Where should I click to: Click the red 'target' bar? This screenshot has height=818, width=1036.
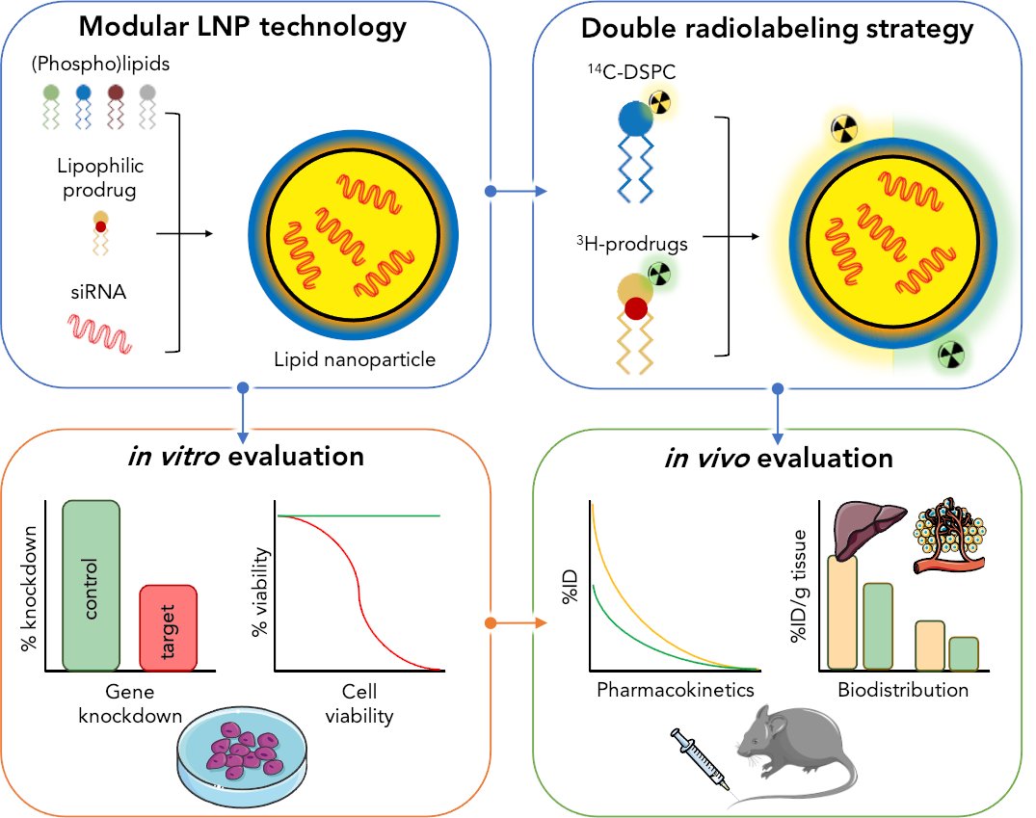(x=169, y=627)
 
